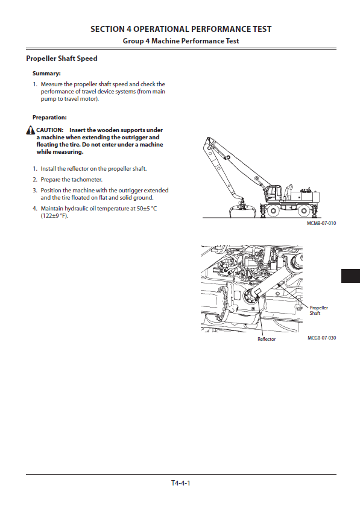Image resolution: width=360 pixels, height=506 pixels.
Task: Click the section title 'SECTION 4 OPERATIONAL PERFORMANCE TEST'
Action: pos(181,29)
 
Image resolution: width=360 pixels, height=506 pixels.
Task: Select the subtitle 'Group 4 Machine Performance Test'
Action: pos(181,41)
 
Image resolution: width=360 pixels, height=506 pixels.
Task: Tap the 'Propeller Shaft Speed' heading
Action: pos(62,59)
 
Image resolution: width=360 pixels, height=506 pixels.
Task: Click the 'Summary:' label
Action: pos(46,74)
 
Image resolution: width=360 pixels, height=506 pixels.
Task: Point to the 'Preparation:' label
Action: pos(49,118)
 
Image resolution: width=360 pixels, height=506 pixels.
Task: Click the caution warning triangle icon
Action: pos(31,130)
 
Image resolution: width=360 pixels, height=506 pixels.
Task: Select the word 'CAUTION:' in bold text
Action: pos(49,130)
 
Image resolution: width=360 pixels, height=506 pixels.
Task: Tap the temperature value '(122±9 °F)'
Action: pos(54,216)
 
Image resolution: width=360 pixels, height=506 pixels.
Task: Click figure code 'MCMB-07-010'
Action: pos(321,223)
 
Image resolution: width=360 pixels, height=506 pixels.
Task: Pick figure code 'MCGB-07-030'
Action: pos(321,338)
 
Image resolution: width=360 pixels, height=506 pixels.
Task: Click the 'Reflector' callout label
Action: pos(267,339)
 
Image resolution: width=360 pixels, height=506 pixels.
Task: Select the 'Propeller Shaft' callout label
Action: pos(319,311)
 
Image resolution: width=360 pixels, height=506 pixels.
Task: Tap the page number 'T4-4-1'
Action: pos(181,483)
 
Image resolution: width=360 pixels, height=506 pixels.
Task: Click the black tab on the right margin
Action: pos(350,276)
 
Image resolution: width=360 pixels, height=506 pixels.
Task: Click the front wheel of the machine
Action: pos(273,211)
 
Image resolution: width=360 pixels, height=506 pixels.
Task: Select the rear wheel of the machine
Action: pos(304,211)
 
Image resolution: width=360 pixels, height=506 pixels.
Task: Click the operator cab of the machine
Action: pos(273,193)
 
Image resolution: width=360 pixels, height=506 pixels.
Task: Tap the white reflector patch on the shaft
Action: pos(258,293)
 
